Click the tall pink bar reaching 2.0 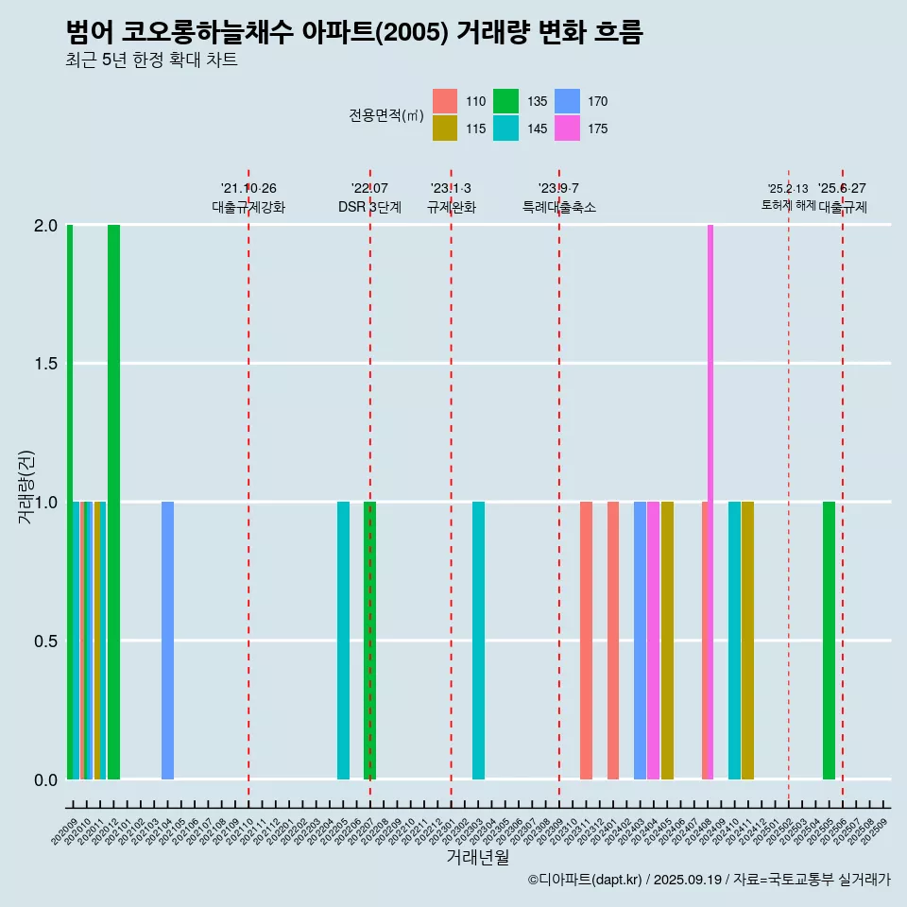[x=710, y=501]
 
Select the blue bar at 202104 [x=167, y=640]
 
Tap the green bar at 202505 [x=829, y=640]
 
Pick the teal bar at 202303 [x=478, y=640]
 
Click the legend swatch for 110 [x=445, y=101]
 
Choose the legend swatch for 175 [x=567, y=128]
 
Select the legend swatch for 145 [x=506, y=128]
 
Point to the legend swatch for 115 [x=445, y=128]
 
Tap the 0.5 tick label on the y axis [x=46, y=642]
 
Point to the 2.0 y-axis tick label [x=46, y=226]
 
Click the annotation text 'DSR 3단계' [x=370, y=208]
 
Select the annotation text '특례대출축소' [x=559, y=208]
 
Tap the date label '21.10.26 [x=248, y=189]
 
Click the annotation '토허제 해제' [x=789, y=205]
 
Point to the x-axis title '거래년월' [x=477, y=857]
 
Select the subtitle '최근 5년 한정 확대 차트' [x=151, y=60]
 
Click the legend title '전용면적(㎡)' [x=386, y=115]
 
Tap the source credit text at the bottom [x=709, y=880]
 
